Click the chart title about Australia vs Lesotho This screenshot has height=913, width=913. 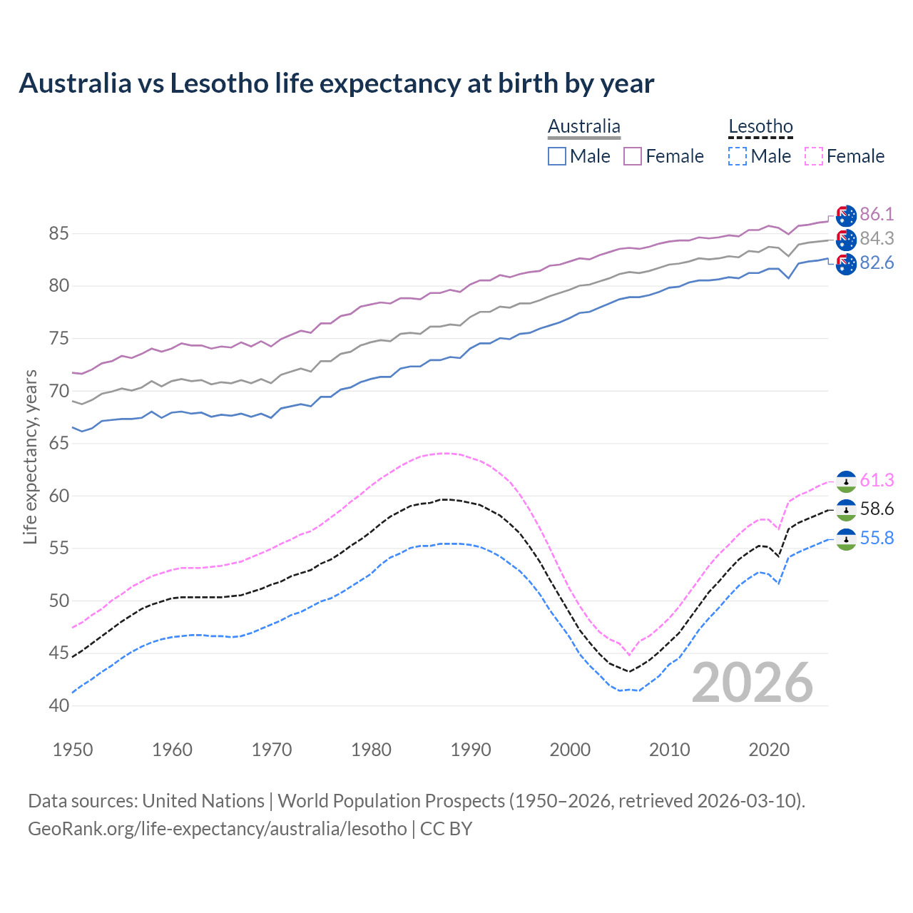pos(336,83)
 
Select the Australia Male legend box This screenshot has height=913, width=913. pos(557,156)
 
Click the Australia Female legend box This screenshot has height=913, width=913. pos(633,156)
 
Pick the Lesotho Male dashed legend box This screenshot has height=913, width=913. pos(738,156)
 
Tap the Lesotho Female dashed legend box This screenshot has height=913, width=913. pos(813,156)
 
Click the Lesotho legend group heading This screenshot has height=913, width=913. pos(760,127)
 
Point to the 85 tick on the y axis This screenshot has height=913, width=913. pos(58,233)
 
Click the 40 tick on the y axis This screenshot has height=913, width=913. pos(58,705)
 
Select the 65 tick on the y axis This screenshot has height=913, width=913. pos(58,443)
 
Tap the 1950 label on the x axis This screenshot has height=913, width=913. pos(73,750)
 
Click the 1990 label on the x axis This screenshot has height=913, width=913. pos(471,750)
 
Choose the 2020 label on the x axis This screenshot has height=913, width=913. pos(769,750)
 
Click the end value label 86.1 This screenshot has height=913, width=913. pos(877,214)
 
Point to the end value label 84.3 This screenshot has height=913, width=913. pos(877,238)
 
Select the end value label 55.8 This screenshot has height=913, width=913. pos(877,539)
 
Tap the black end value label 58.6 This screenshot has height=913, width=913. pos(877,509)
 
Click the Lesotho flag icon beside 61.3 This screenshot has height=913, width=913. pos(846,481)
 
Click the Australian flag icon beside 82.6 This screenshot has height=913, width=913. pos(846,264)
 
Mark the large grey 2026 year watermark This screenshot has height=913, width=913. pos(752,683)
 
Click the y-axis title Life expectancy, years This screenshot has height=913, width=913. pos(31,456)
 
